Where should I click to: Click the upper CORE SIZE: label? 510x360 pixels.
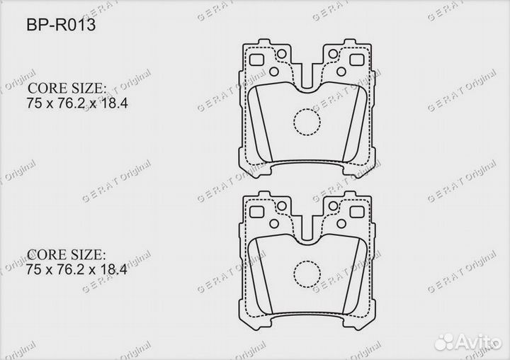tap(67, 90)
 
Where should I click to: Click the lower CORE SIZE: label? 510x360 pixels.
tap(67, 254)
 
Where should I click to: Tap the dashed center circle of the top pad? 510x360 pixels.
tap(307, 122)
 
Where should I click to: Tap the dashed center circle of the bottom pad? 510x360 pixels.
tap(307, 273)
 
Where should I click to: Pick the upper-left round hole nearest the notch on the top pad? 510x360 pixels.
tap(281, 54)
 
